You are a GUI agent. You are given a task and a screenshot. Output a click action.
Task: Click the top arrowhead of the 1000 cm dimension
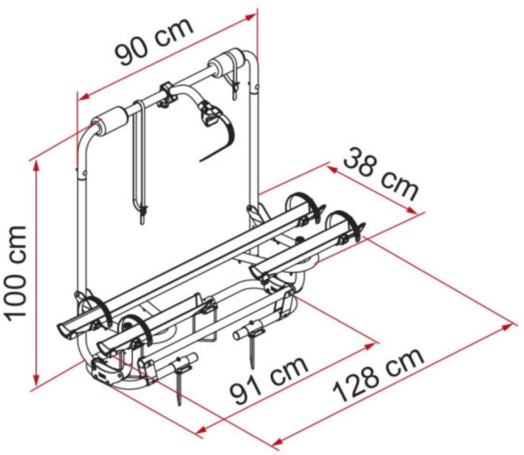[37, 167]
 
